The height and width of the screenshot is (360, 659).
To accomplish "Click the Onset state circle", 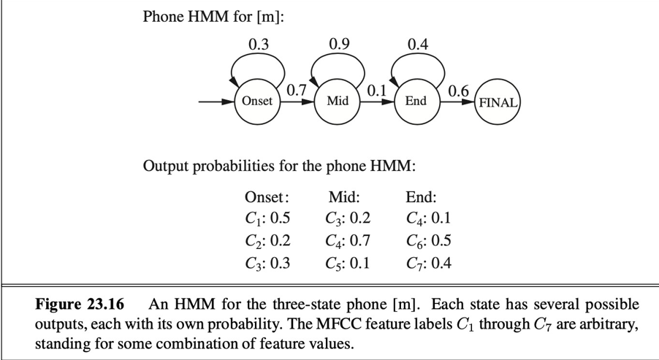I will click(256, 102).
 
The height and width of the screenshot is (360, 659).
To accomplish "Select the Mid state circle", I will click(337, 102).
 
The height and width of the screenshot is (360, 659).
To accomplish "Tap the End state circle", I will click(415, 102).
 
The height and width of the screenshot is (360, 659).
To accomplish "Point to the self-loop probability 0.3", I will click(259, 45).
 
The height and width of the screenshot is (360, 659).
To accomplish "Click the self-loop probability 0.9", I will click(339, 45).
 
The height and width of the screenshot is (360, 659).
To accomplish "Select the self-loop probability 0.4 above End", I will click(417, 45).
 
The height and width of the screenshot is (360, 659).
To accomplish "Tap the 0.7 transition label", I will click(296, 90).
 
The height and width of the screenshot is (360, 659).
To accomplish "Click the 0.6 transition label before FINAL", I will click(459, 91).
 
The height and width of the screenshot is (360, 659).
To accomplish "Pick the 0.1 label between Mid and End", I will click(376, 91).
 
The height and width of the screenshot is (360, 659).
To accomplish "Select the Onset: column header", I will click(267, 196).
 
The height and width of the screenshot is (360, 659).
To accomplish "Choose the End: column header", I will click(421, 196).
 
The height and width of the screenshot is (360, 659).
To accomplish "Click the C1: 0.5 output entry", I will click(267, 218).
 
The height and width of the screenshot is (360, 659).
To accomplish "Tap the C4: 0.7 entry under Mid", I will click(348, 240).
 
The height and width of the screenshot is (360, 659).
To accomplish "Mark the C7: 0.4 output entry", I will click(428, 262).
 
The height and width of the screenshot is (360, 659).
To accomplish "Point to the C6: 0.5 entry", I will click(428, 240).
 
